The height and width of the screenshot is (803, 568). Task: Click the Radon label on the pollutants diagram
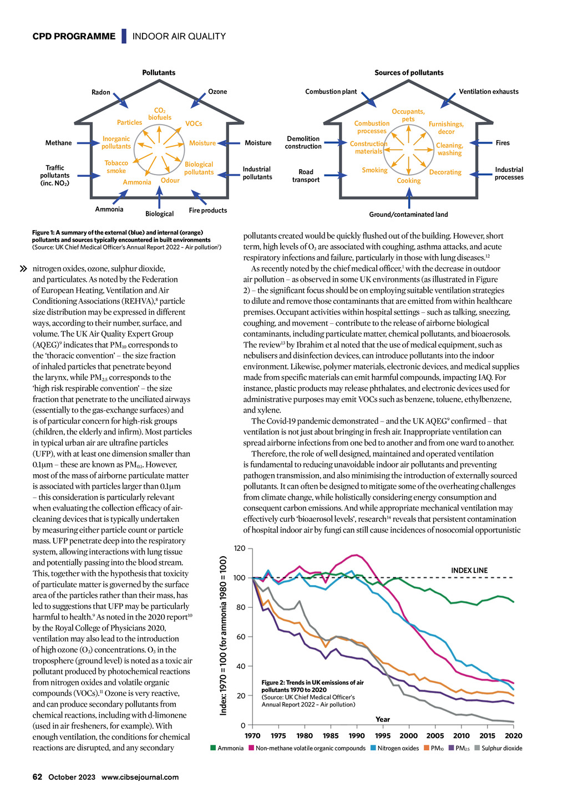coord(101,92)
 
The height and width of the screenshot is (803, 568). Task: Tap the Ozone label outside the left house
coord(217,92)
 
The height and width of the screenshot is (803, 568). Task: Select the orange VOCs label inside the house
coord(194,123)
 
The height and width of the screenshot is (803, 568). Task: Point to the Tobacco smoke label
coord(116,167)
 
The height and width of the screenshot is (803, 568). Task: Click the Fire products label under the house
coord(208,210)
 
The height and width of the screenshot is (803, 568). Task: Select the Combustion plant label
coord(331,92)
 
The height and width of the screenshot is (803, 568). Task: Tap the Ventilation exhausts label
coord(489,92)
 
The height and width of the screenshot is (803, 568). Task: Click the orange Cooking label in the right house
coord(409,181)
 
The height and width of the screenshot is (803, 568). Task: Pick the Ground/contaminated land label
coord(408,215)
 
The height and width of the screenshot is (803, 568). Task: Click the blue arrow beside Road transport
coord(336,175)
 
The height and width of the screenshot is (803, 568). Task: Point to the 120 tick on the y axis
coord(240,548)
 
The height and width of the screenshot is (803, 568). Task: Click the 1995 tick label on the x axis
coord(383,735)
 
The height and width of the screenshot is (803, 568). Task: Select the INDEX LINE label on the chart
coord(469,570)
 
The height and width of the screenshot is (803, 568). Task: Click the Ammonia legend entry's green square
coord(213,748)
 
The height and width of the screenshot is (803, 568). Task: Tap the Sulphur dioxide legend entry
coord(499,748)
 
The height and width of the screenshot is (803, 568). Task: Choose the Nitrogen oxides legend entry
coord(394,748)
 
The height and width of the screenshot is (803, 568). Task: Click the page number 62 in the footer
coord(37,777)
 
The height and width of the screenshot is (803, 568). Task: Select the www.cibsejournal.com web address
coord(140,777)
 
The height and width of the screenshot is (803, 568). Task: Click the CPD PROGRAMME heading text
coord(74,36)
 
